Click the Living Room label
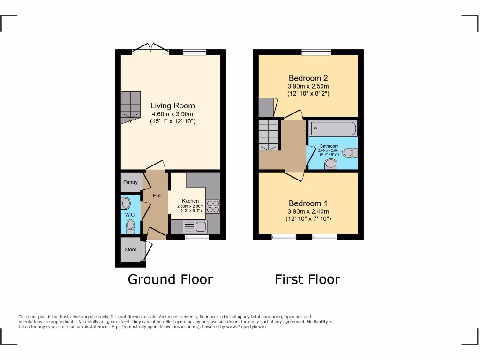(x=172, y=105)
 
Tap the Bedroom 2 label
(x=308, y=78)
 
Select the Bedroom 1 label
(x=308, y=203)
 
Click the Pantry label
(x=130, y=182)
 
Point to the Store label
(x=130, y=249)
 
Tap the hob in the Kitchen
(x=212, y=206)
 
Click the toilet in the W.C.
(x=130, y=227)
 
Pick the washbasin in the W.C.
(x=126, y=203)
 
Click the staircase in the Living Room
(x=130, y=106)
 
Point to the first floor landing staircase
(x=269, y=135)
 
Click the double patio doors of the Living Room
(x=150, y=48)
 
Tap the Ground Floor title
(x=170, y=279)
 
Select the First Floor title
(x=307, y=279)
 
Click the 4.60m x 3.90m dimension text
(x=172, y=114)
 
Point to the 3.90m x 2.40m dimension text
(x=308, y=211)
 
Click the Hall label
(x=157, y=195)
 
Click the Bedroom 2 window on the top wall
(x=316, y=52)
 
